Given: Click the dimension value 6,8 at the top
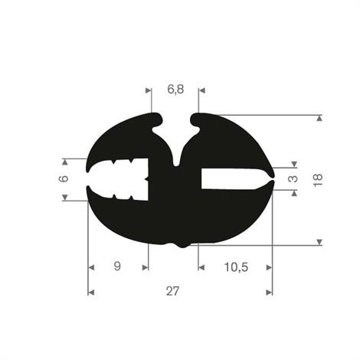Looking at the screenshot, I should pos(175,90).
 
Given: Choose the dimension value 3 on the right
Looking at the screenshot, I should pos(293,178).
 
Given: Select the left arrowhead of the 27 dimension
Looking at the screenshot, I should pos(92,292).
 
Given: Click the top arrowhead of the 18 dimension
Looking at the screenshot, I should pos(319,118).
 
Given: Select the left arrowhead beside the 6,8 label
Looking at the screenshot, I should pos(149,90).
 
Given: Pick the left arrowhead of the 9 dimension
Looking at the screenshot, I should pos(92,267).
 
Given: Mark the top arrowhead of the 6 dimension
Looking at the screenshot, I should pos(64,162).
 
